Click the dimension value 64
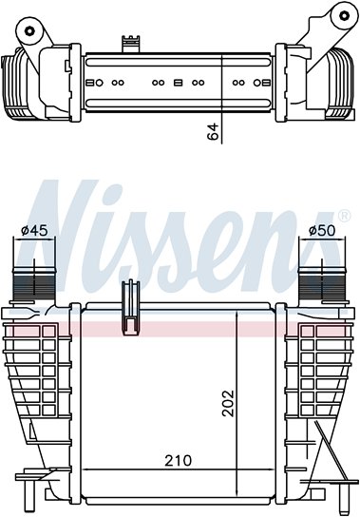pos(214,131)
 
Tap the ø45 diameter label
pos(34,230)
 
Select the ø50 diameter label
pos(322,230)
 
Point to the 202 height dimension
pos(227,403)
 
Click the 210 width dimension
pos(179,461)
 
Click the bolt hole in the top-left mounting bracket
pos(29,31)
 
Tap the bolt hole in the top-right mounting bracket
pos(344,15)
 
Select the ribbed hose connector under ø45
pos(33,283)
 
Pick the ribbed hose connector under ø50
pos(322,283)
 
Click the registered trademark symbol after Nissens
pos(344,216)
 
